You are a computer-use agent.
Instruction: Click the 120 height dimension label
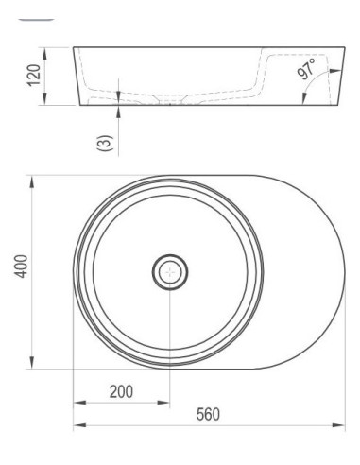click(34, 76)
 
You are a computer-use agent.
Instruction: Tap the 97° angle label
click(306, 69)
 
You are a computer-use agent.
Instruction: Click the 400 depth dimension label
click(22, 267)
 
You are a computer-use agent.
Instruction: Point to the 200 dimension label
click(121, 391)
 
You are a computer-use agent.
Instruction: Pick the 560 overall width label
click(208, 414)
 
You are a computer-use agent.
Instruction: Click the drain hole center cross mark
click(170, 271)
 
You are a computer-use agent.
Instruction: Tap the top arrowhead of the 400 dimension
click(31, 182)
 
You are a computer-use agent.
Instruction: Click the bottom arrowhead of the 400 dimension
click(31, 362)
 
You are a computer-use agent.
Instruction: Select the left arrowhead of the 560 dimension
click(79, 425)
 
